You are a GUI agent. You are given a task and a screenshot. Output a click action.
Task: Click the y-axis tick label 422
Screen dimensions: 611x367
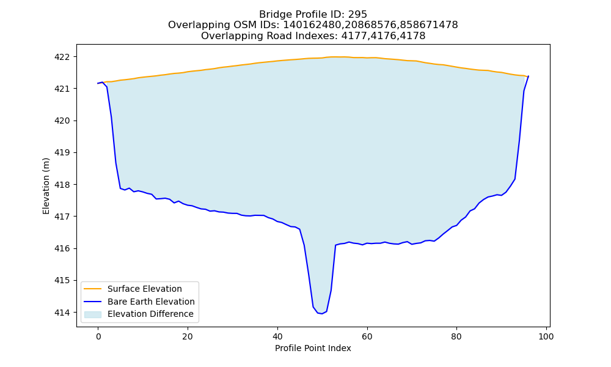click(62, 57)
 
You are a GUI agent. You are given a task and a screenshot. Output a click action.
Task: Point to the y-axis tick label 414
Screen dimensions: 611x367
click(62, 313)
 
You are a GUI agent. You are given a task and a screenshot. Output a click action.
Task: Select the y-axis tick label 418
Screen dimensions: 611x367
click(62, 185)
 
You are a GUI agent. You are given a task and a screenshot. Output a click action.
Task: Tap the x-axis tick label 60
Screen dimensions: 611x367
click(367, 336)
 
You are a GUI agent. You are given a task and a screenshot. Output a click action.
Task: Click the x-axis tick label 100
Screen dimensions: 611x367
click(546, 336)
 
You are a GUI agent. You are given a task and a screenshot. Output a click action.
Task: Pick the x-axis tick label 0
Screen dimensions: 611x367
click(98, 336)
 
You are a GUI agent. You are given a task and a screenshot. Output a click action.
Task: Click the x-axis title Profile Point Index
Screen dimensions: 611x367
click(313, 348)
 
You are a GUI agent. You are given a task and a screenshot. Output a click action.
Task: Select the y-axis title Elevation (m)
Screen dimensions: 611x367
click(46, 186)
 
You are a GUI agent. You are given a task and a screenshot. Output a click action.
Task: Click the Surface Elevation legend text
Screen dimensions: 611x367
click(145, 289)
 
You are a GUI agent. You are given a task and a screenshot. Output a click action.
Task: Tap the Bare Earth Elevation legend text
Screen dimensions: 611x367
click(151, 302)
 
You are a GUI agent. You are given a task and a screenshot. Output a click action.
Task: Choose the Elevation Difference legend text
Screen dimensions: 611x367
click(150, 314)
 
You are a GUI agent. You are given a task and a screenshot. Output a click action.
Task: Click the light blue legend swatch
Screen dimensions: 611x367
click(93, 314)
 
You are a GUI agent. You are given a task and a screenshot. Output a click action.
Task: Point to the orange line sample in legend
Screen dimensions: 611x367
click(93, 289)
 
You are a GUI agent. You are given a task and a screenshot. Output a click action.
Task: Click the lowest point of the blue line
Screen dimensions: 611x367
click(322, 314)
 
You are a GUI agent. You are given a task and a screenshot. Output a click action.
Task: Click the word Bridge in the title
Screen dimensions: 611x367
click(273, 15)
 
